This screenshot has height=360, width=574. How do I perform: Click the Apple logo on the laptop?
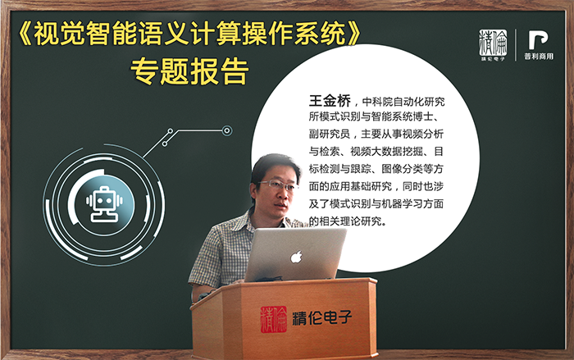[296, 257]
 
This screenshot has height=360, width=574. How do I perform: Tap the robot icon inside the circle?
[104, 204]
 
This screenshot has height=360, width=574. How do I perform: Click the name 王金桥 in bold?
[330, 100]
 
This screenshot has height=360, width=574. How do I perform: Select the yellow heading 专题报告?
[189, 71]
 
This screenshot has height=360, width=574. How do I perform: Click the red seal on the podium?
[273, 319]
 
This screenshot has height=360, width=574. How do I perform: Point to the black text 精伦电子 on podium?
[321, 318]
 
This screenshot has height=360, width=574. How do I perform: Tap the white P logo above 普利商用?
[538, 40]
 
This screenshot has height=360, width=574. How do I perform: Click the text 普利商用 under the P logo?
[539, 57]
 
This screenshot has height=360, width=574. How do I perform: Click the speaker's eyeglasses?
[279, 185]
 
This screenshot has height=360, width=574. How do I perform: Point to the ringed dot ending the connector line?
[227, 130]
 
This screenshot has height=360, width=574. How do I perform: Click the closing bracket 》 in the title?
[354, 34]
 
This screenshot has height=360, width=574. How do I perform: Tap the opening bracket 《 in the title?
[25, 34]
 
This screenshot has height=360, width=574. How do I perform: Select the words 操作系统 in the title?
[294, 34]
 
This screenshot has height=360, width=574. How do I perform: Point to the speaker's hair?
[274, 165]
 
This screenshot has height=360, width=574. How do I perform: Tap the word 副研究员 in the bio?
[330, 134]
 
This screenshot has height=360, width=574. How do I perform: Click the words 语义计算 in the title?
[189, 34]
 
